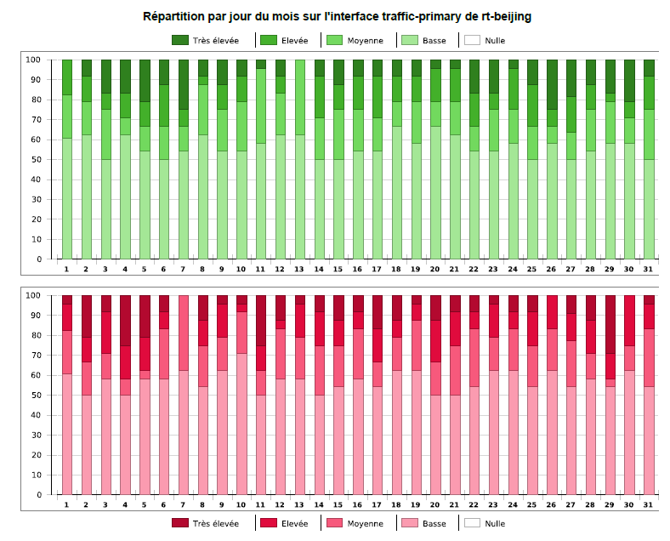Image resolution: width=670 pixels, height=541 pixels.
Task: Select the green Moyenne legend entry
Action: (355, 40)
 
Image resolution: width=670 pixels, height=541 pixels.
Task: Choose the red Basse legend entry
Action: (423, 523)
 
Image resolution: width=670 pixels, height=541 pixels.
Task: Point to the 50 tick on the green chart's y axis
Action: (34, 160)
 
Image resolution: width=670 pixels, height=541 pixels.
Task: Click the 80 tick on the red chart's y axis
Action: (34, 335)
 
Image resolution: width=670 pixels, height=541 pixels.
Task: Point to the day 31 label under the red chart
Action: (649, 504)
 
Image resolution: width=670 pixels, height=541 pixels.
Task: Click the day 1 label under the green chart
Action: (66, 269)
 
